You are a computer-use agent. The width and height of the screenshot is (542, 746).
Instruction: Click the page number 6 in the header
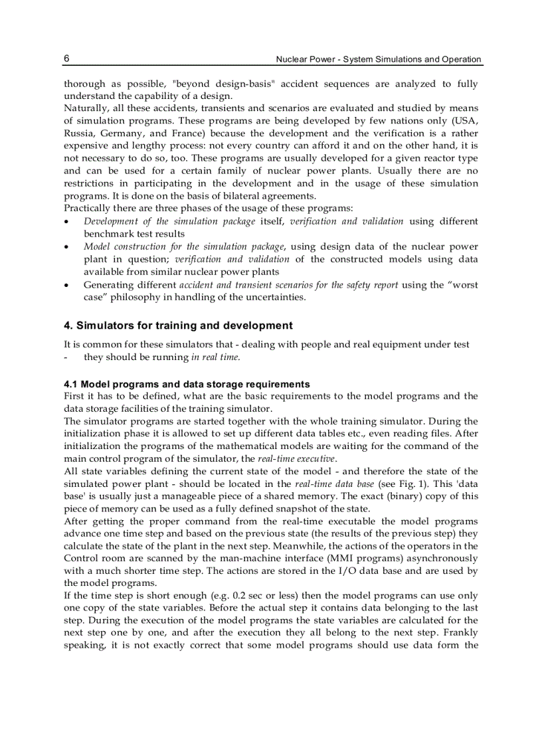coord(67,58)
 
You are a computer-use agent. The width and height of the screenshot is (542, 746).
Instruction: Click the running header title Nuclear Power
coord(379,59)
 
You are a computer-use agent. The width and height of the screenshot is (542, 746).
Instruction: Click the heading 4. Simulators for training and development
coord(178,326)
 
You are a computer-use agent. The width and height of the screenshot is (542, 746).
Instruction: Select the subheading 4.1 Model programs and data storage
coord(187,384)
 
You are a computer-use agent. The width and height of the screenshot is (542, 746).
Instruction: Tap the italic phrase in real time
coord(215,357)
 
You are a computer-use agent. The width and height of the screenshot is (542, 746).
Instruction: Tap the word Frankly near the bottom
coord(460,633)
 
